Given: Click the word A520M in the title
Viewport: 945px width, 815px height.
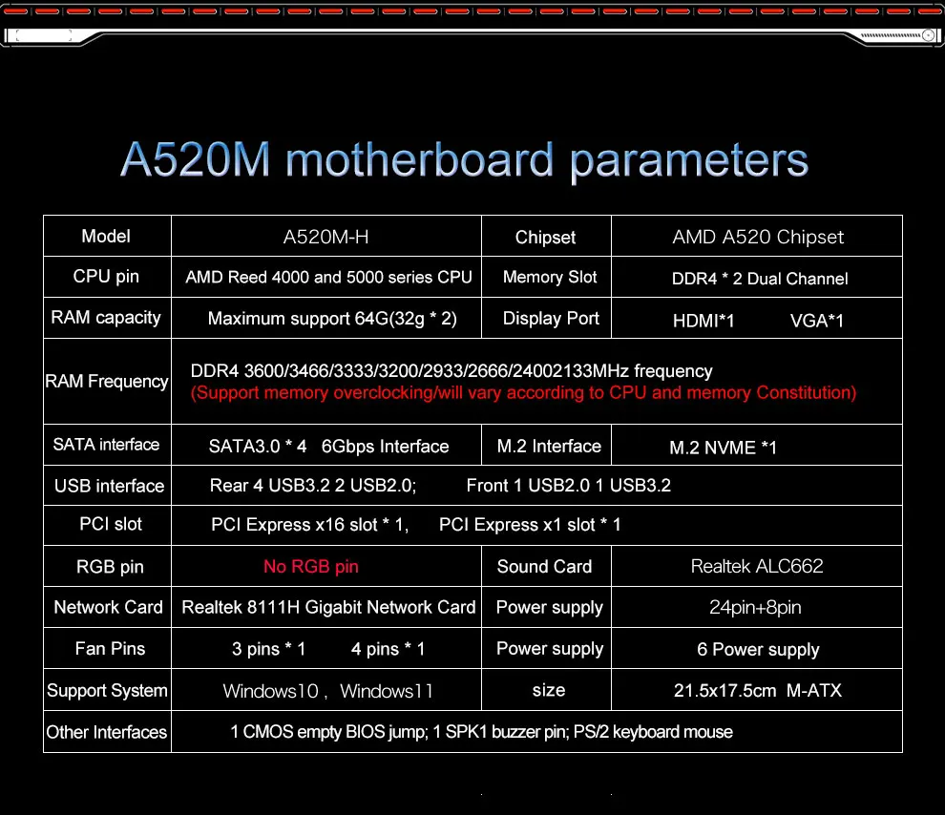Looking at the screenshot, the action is point(196,159).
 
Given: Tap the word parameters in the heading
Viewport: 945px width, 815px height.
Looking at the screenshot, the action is point(689,161).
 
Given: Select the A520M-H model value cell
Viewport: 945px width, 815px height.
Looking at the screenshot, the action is point(326,237).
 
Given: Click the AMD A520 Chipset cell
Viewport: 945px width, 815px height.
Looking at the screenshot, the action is point(758,237).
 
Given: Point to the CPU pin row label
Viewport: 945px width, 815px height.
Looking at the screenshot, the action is point(106,277).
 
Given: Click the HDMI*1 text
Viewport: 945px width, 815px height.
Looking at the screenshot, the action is point(703,321).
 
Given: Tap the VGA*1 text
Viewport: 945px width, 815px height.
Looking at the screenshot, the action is point(817,321).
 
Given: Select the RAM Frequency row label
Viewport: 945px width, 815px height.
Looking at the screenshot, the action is point(107,382).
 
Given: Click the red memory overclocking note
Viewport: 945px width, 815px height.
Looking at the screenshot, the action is point(523,393).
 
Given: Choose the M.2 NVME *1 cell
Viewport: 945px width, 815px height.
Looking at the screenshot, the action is point(723,448).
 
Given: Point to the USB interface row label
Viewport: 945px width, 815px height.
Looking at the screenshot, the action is point(109,486).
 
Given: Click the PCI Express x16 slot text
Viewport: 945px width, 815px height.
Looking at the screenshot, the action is point(294,525).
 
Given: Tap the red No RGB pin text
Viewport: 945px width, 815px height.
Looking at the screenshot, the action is point(311,567).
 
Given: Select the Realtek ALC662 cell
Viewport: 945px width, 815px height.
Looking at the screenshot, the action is point(757,566).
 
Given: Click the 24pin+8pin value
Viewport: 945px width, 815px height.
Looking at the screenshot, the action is point(755,607).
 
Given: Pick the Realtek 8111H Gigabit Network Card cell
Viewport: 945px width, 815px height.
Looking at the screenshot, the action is point(328,607).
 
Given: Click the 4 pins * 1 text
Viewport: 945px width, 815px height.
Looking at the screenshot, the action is point(388,649).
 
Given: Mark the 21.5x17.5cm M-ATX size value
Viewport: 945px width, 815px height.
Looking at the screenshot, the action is point(758,690).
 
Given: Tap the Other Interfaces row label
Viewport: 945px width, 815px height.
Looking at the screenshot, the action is point(107,732).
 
